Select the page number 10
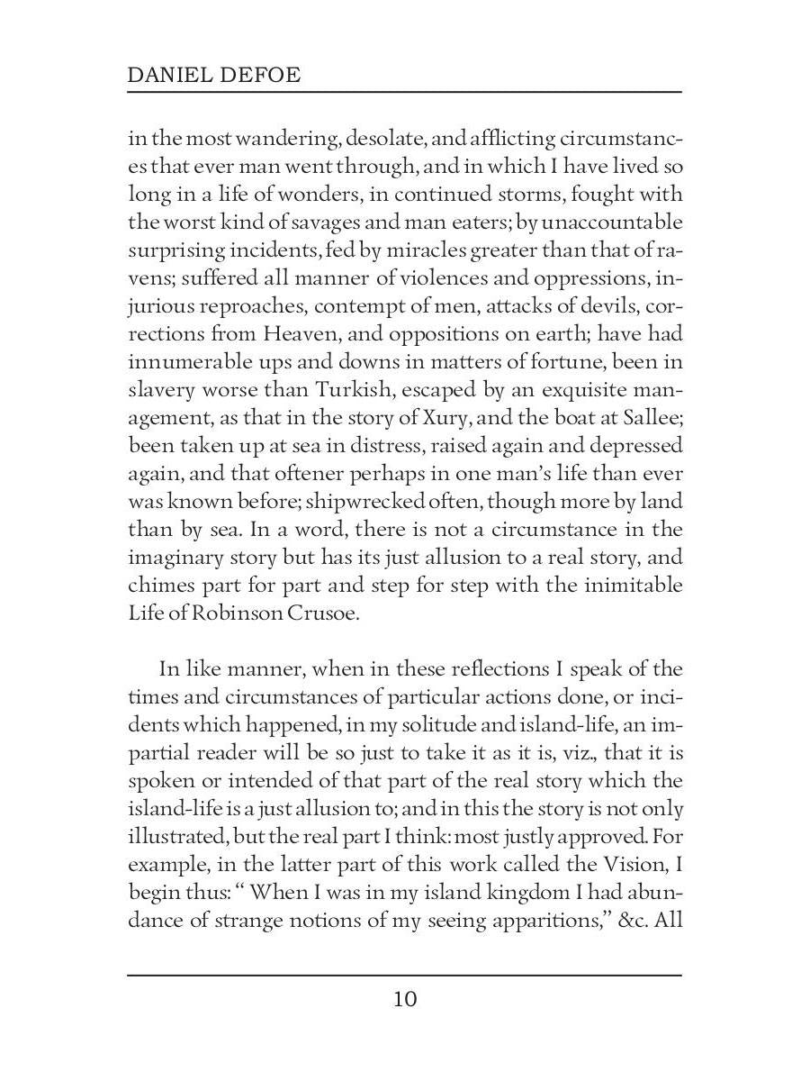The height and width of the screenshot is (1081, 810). pos(405,999)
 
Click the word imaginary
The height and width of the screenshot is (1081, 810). pos(178,557)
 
